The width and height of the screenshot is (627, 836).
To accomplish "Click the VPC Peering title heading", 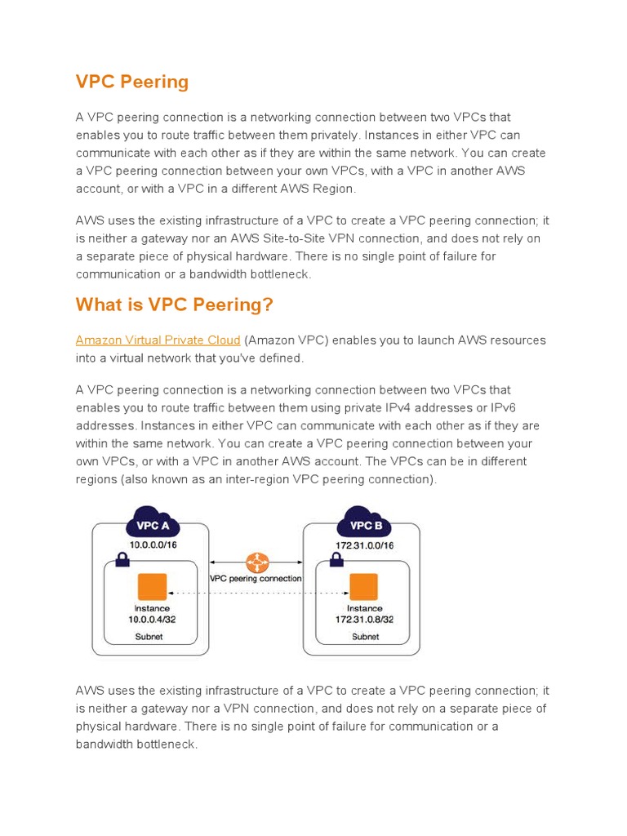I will (x=132, y=82).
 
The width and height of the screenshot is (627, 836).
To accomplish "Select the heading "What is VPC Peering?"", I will (x=175, y=305).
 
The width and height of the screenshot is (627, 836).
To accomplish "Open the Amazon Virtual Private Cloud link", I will (x=158, y=340).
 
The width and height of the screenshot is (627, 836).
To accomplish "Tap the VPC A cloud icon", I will (x=153, y=523).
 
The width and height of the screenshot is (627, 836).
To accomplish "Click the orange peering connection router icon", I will (x=257, y=563).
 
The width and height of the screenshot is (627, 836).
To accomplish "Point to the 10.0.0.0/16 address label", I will (x=153, y=545).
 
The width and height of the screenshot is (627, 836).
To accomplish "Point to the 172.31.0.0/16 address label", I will (x=364, y=545).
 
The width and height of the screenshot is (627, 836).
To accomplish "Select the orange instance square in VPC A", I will (x=152, y=587).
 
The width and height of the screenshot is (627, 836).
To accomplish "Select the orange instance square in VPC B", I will (x=363, y=587).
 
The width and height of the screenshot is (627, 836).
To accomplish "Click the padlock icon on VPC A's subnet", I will (x=122, y=560).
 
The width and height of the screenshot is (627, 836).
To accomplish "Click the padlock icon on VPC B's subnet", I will (x=335, y=560).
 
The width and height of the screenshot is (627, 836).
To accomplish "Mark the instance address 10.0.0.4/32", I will (x=152, y=620).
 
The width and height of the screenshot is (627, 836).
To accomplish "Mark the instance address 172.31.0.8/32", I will (x=364, y=620).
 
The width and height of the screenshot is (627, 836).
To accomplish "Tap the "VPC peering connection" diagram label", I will (x=256, y=578).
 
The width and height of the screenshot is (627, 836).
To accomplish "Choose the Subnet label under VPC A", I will (x=149, y=637).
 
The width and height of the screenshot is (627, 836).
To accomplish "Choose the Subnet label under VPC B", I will (x=364, y=637).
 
